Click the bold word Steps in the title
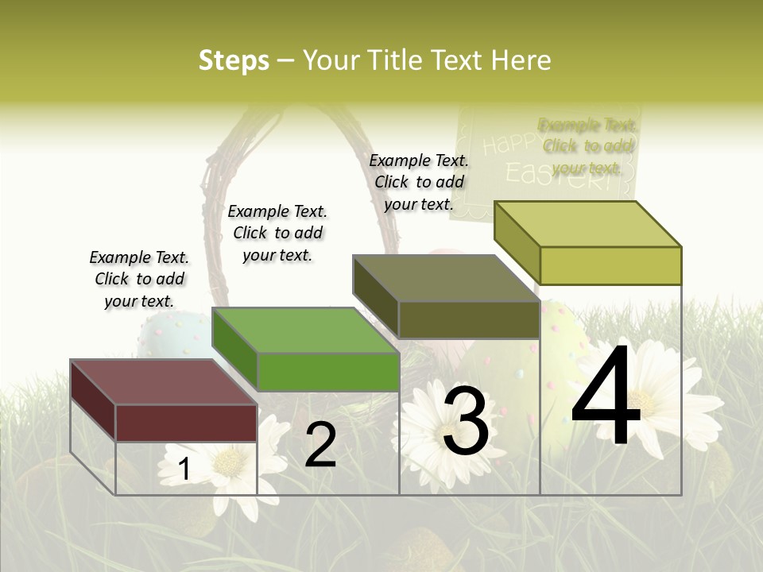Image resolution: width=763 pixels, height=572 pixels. tap(233, 60)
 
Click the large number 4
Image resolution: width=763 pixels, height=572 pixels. tap(606, 399)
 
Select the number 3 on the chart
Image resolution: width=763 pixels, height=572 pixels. tap(466, 421)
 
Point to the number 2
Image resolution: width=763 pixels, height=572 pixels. tap(320, 445)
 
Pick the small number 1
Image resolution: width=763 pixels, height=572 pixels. tap(184, 470)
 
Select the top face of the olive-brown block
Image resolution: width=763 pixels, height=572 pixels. tap(446, 278)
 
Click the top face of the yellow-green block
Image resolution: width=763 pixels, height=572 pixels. tap(587, 224)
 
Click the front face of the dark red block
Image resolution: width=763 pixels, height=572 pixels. tap(186, 423)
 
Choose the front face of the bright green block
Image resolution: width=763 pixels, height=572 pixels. tap(327, 372)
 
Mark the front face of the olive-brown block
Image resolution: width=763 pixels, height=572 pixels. tap(469, 319)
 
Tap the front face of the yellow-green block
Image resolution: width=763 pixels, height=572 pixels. tap(610, 265)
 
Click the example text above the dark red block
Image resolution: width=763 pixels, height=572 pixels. tap(139, 280)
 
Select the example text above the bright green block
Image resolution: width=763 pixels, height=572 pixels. tap(277, 233)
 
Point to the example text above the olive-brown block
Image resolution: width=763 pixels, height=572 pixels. tap(419, 182)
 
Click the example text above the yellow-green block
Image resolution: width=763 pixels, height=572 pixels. tap(587, 146)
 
